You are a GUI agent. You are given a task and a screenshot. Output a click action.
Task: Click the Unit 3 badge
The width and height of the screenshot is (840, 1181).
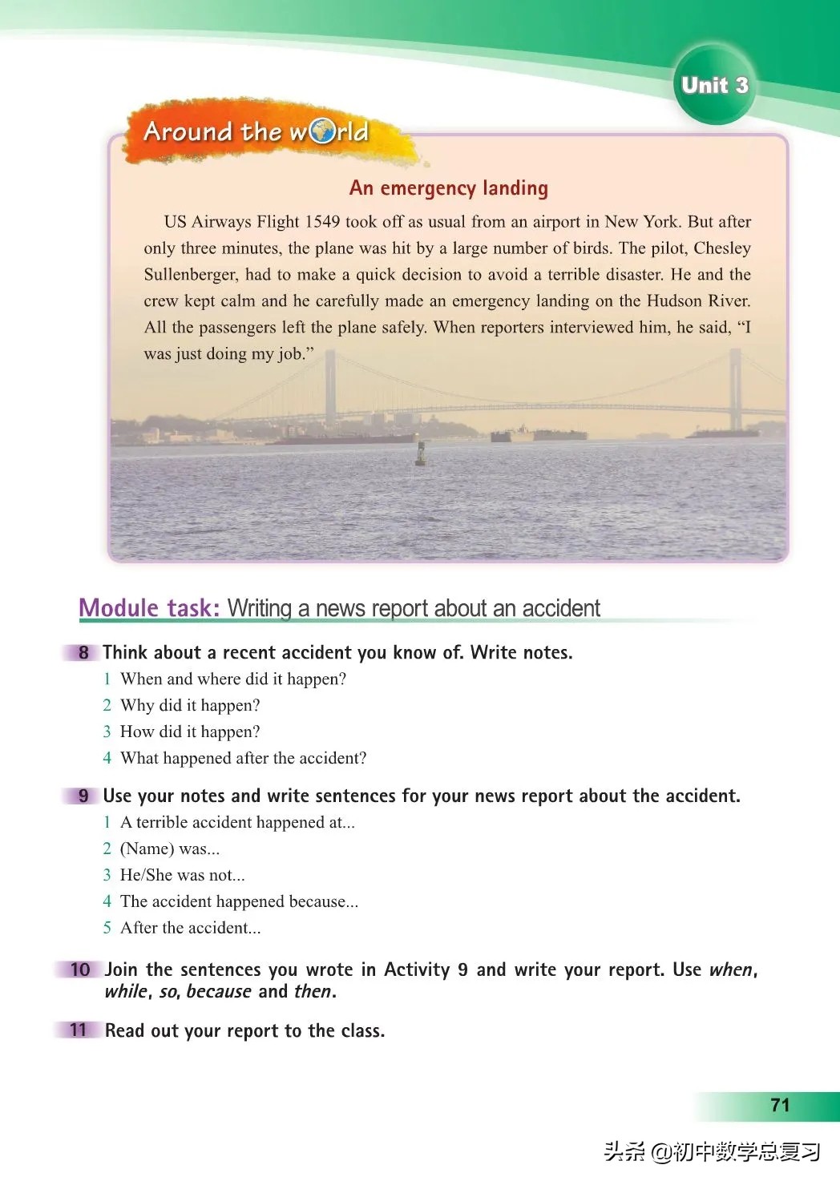coord(714,85)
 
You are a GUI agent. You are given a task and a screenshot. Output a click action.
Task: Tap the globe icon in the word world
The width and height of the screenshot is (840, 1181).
coord(321,131)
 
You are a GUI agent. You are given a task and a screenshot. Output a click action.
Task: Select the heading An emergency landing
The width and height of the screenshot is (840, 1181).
coord(449,188)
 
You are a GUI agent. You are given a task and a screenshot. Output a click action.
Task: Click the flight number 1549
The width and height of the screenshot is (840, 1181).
coord(322,222)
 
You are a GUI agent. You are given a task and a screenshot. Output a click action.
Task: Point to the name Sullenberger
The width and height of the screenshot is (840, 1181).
coord(191,275)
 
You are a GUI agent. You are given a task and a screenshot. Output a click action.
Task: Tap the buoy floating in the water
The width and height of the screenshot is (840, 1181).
coord(421,454)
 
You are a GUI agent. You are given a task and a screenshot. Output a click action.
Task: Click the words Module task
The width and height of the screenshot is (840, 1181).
coord(149,608)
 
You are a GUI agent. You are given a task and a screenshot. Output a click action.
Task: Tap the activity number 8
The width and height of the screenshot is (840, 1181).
coord(83,652)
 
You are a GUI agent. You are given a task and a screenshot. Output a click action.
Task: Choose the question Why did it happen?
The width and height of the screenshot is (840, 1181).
coord(190,705)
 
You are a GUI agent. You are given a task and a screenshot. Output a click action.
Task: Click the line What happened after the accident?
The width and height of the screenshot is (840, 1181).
coord(243,758)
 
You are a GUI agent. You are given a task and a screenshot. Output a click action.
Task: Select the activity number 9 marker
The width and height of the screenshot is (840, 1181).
coord(83,796)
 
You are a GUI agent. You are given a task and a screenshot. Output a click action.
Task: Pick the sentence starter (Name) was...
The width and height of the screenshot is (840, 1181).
coord(169,848)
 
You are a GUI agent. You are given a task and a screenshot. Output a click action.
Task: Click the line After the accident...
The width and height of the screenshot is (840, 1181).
coord(190,928)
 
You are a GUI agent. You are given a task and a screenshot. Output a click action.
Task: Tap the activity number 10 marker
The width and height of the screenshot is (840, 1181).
coord(80,969)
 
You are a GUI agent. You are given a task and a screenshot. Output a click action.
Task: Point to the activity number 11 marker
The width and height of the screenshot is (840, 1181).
coord(79,1030)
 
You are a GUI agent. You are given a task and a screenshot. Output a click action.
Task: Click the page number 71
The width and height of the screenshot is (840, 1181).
coord(780,1106)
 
